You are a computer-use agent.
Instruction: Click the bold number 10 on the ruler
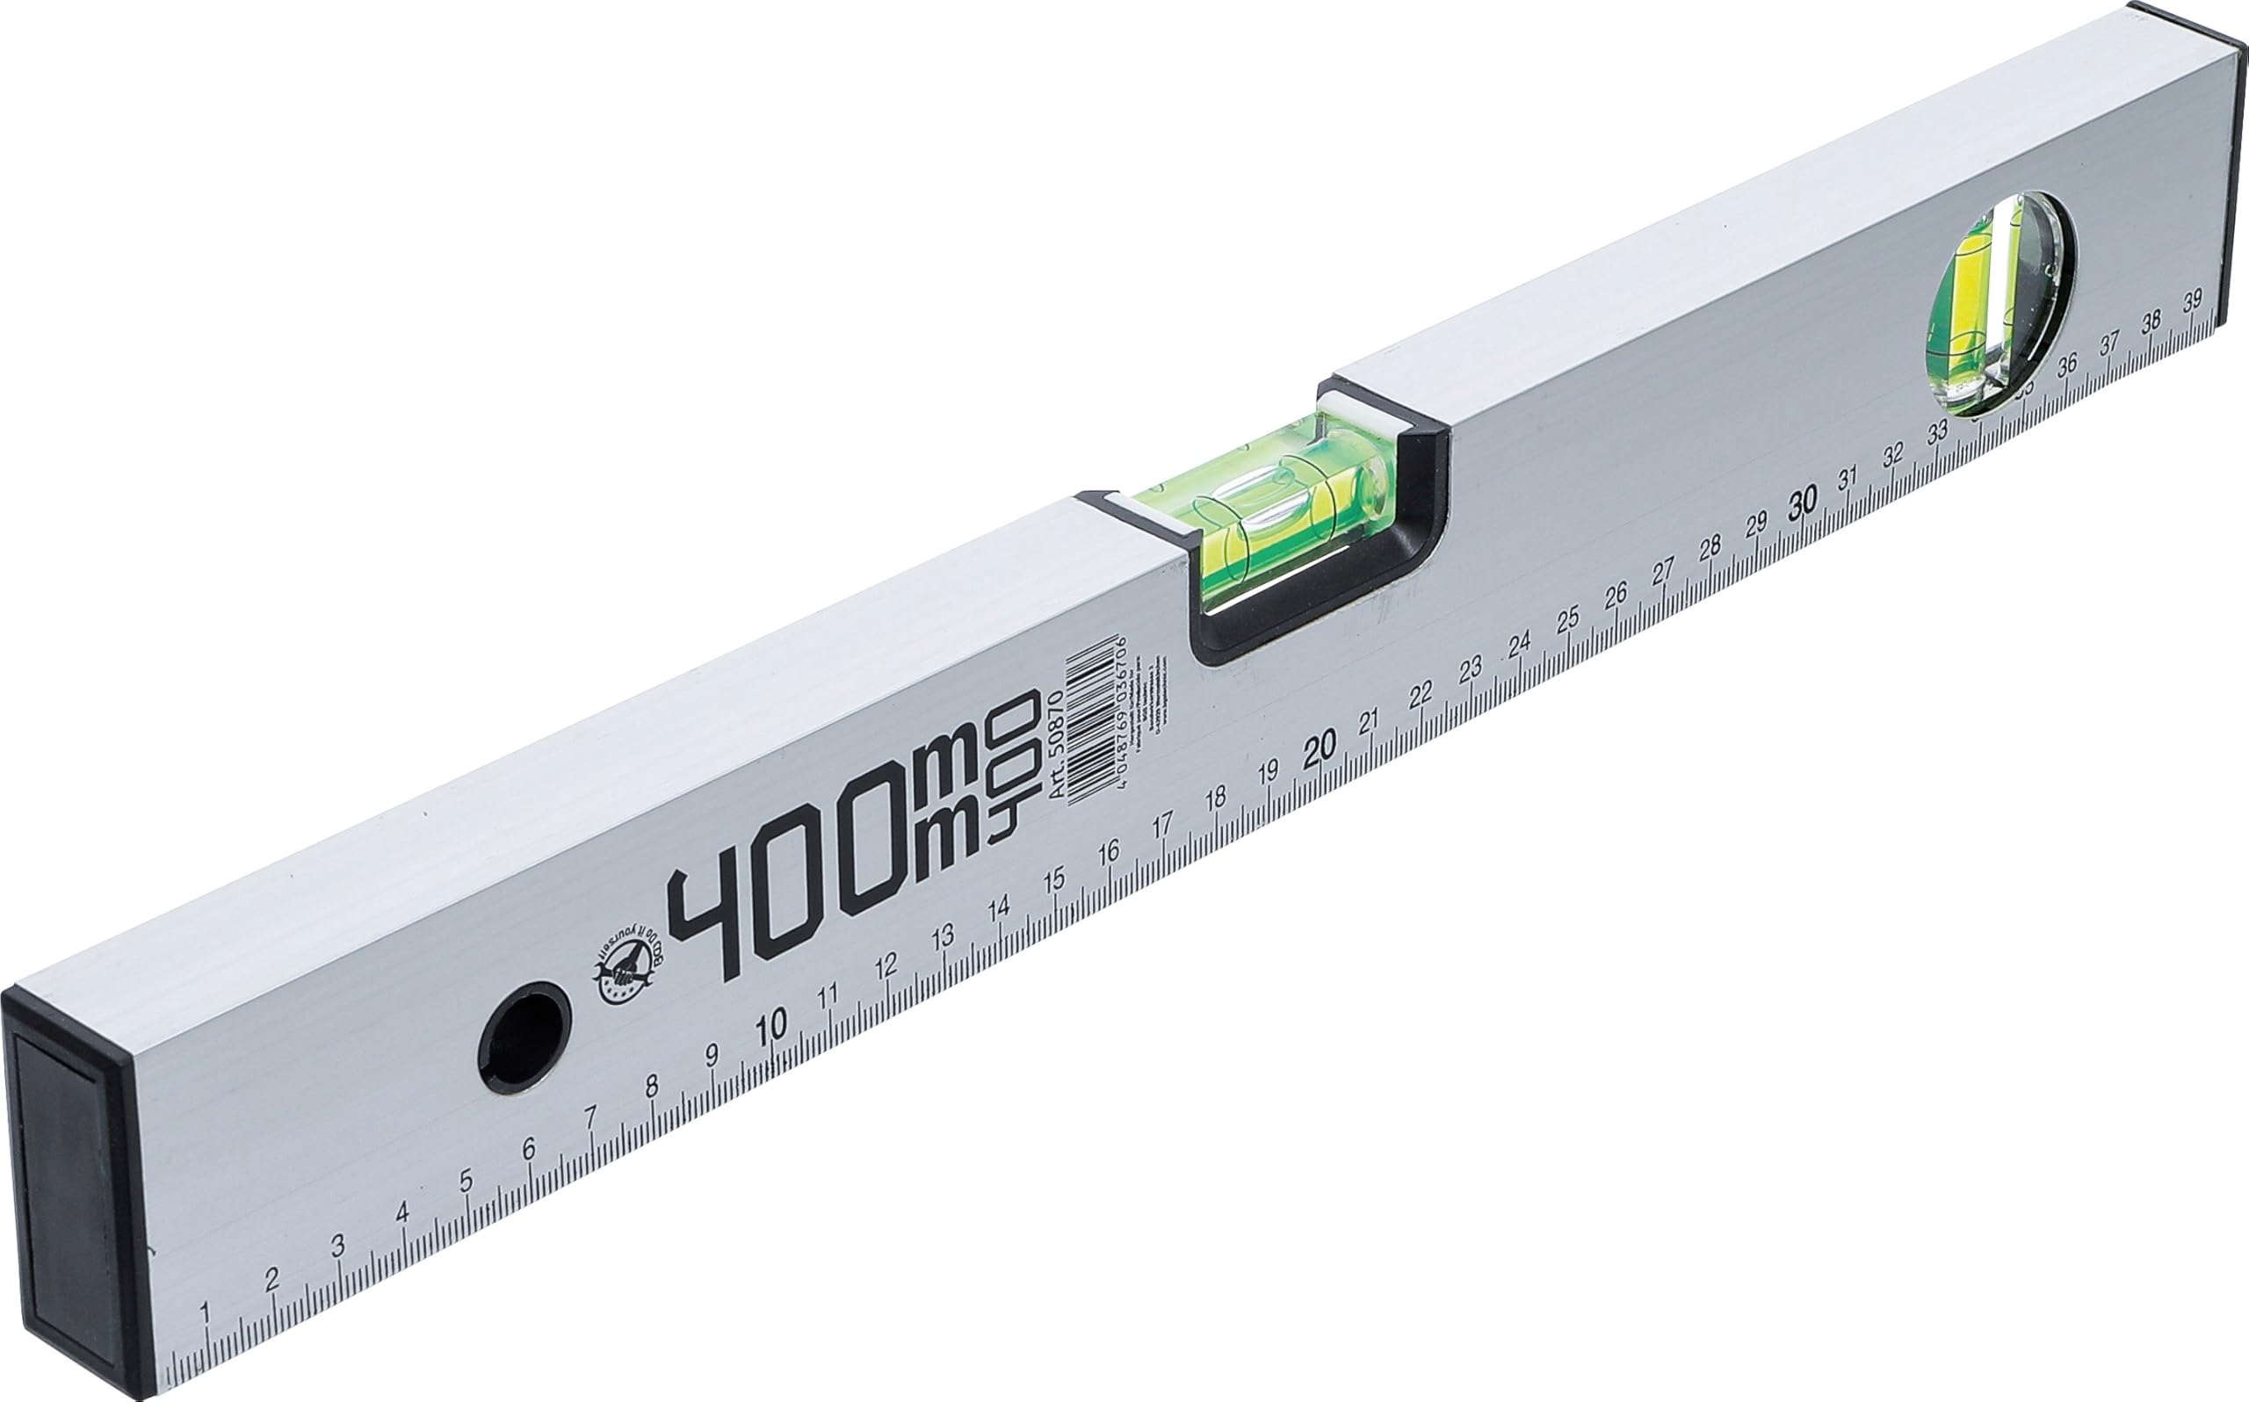tap(771, 1023)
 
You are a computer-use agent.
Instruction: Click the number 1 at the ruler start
tap(205, 1313)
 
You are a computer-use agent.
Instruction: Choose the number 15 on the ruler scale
tap(1053, 880)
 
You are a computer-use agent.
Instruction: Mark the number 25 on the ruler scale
tap(1566, 619)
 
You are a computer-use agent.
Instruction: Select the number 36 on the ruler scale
tap(2066, 367)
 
